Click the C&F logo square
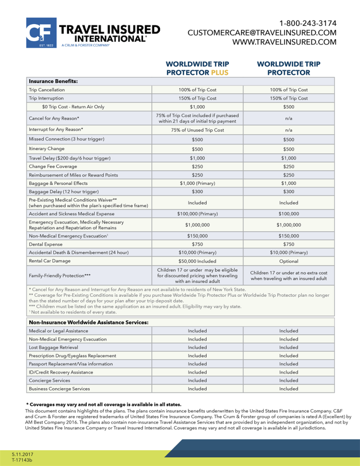41,33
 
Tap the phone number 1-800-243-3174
308,23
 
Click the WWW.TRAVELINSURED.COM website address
284,42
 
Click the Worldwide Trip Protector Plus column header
197,68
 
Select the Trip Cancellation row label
47,90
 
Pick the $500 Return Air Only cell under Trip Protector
289,107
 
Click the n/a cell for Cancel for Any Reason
289,118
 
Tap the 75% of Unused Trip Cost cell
197,130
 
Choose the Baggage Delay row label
63,192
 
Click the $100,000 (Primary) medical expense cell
197,213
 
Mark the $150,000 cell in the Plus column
197,236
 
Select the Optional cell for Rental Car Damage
289,261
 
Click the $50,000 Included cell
197,261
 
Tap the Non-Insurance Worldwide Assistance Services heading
89,322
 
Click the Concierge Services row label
49,380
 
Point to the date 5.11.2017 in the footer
23,454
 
